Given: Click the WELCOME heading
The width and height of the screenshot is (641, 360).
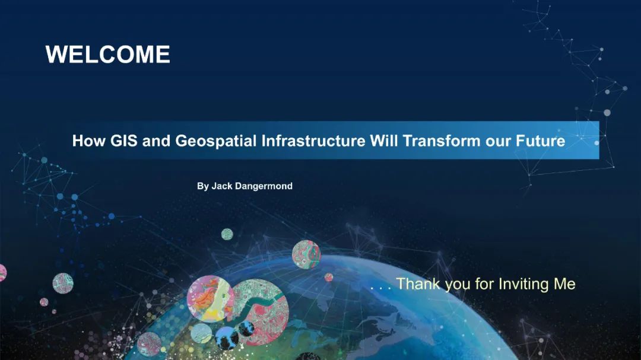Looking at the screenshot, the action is pyautogui.click(x=107, y=55).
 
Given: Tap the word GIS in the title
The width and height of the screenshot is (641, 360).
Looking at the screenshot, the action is pyautogui.click(x=124, y=141).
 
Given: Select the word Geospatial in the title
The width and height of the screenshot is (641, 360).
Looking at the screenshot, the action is pyautogui.click(x=216, y=141).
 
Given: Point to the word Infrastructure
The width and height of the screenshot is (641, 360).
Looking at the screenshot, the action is pyautogui.click(x=313, y=141).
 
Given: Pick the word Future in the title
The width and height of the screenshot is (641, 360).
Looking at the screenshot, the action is pyautogui.click(x=540, y=141).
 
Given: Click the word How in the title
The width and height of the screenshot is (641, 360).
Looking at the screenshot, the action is pyautogui.click(x=88, y=141).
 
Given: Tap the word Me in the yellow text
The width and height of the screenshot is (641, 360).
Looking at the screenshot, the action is pyautogui.click(x=564, y=283).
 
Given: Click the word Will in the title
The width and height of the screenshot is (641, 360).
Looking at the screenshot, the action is pyautogui.click(x=384, y=141).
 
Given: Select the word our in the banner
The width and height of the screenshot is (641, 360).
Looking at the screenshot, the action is pyautogui.click(x=498, y=142).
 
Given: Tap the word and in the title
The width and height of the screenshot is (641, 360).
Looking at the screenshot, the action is pyautogui.click(x=156, y=141).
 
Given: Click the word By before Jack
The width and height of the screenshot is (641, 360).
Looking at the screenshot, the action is pyautogui.click(x=203, y=186).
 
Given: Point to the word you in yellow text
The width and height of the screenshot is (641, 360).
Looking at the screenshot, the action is pyautogui.click(x=458, y=286).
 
